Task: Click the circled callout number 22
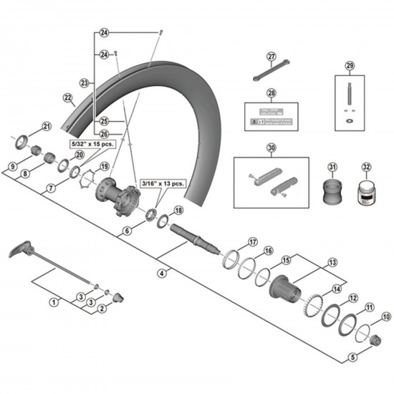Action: tap(68, 97)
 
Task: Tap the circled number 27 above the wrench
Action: tap(272, 57)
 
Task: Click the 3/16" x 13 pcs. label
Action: tap(163, 183)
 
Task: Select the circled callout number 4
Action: tap(162, 273)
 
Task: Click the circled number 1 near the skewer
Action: tap(53, 302)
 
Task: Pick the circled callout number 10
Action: tap(387, 316)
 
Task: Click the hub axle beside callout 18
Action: tap(194, 234)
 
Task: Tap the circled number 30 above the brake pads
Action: tap(271, 148)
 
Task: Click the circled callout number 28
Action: tap(272, 93)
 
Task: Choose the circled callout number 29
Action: tap(350, 66)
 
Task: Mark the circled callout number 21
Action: tap(47, 127)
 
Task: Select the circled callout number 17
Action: tap(252, 241)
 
